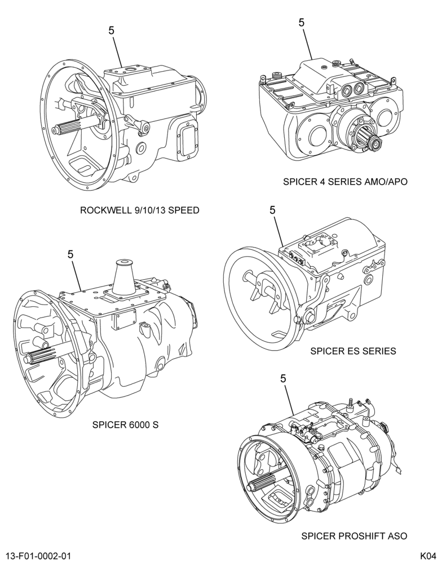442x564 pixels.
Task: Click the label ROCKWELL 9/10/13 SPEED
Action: [140, 210]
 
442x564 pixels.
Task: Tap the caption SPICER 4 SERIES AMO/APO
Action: [345, 182]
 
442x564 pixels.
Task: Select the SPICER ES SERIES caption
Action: [353, 351]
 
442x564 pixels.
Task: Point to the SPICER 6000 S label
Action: [126, 425]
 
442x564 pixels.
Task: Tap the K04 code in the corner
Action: [428, 556]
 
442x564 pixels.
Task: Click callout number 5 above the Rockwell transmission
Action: [112, 30]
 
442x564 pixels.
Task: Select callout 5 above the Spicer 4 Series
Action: [302, 23]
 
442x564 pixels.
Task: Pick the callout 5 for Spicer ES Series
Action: [273, 210]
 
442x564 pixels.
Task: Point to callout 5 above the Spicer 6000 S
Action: [70, 254]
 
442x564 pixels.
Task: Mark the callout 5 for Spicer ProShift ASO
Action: [283, 378]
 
